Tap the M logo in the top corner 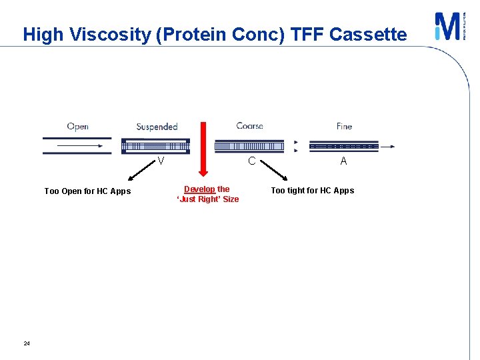447,27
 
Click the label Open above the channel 78,127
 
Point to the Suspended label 157,127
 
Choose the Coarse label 249,126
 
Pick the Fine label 344,126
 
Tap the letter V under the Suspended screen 161,161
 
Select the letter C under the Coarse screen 251,161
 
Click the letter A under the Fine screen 343,161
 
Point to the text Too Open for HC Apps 87,191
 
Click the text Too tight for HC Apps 312,191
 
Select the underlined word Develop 199,189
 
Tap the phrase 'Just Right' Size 207,199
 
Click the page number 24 27,343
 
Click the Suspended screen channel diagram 155,146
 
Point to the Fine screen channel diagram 344,146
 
